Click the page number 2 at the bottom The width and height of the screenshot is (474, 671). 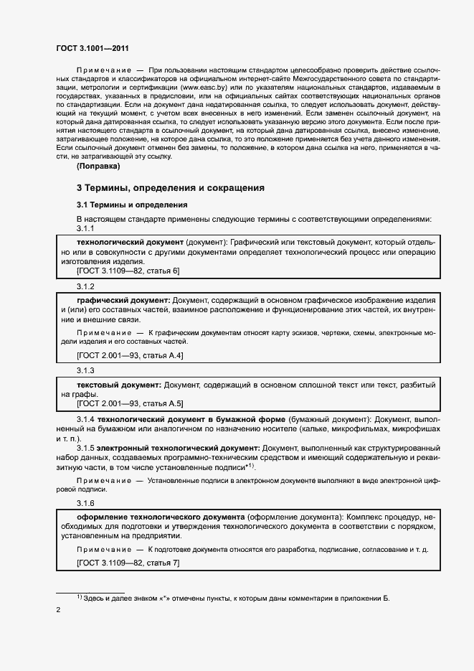58,610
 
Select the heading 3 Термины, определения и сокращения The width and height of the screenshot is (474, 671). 171,188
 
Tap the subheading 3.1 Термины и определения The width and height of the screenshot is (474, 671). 127,205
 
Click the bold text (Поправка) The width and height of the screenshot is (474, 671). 98,166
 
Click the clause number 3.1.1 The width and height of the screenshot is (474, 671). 85,228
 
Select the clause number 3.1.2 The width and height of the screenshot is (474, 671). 85,286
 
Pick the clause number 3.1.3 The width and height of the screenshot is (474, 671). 85,370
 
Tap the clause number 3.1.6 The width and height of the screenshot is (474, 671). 85,502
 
